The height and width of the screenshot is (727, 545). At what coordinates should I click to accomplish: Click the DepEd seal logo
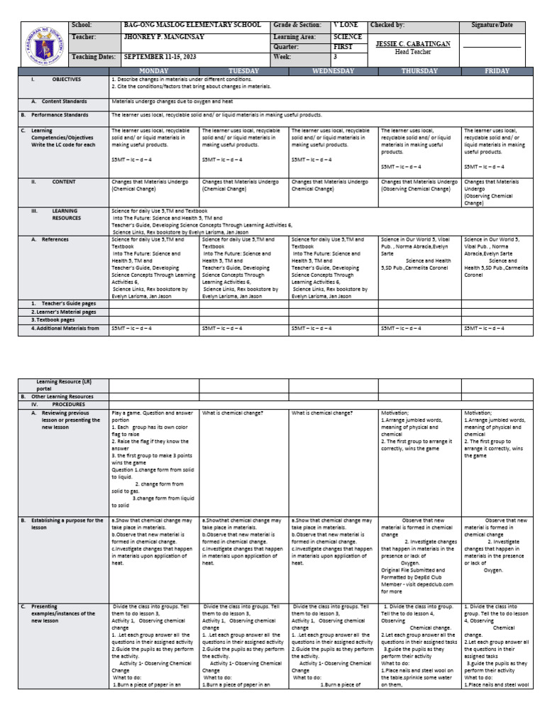42,43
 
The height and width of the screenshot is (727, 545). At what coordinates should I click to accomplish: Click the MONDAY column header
154,71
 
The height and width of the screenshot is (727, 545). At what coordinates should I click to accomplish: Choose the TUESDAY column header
243,71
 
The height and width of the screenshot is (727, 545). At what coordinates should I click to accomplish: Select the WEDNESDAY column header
333,71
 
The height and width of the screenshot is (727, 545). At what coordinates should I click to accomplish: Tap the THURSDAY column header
419,71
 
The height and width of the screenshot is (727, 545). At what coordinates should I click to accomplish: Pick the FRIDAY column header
497,71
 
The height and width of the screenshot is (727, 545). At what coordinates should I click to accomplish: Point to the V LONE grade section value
346,26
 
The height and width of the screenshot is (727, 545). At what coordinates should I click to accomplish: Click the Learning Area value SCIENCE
348,37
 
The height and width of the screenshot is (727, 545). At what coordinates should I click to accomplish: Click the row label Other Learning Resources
61,397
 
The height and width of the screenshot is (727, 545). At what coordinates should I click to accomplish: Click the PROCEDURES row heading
67,403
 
